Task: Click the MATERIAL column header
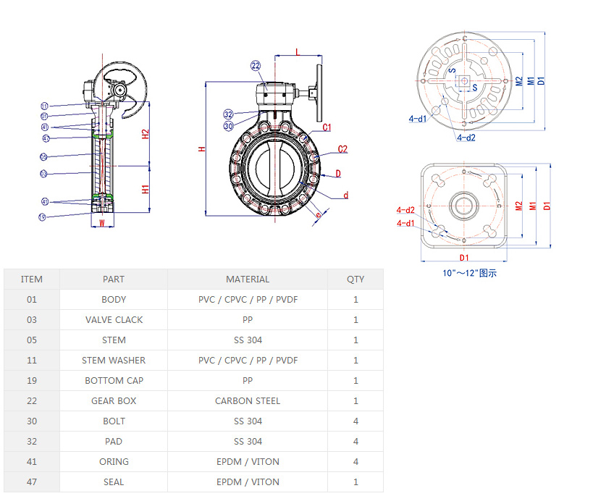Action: tap(248, 279)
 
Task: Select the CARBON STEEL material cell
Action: tap(248, 400)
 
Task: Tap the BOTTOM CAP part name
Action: tap(114, 380)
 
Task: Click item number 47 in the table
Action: tap(31, 482)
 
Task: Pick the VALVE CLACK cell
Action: tap(114, 319)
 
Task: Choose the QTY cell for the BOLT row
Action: tap(356, 421)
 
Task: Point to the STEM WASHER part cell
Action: tap(114, 360)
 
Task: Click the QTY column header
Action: tap(356, 279)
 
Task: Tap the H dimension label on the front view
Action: tap(202, 149)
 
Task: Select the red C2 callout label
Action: tap(342, 150)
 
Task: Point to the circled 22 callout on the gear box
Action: tap(256, 66)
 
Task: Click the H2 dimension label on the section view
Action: tap(146, 134)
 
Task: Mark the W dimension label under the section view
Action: tap(102, 222)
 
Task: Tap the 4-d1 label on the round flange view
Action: tap(418, 118)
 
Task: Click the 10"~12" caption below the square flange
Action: tap(470, 273)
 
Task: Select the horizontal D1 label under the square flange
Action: tap(464, 258)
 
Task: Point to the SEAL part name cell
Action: tap(114, 482)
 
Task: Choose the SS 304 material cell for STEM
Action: tap(248, 340)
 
